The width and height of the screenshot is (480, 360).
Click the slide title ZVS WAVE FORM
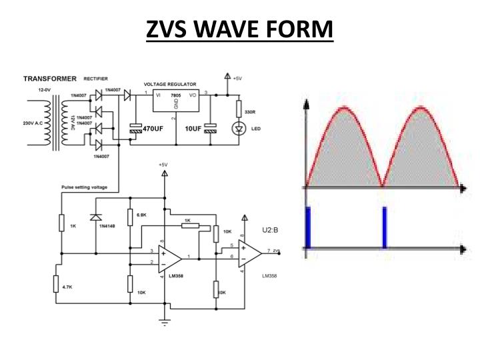[239, 29]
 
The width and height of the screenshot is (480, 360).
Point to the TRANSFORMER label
[50, 78]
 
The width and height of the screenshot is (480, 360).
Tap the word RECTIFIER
[96, 79]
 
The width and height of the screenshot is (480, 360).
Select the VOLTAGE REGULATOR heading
[171, 85]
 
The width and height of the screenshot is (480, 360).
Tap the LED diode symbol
[239, 127]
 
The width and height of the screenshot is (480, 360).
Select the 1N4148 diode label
[107, 226]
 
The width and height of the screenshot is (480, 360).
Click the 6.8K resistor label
[141, 215]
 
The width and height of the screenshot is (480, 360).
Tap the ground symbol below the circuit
[164, 324]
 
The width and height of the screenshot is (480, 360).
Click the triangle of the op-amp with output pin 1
[171, 257]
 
